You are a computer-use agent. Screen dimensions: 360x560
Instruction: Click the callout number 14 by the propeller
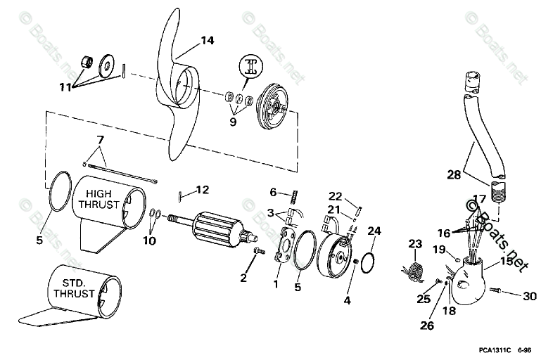pos(205,41)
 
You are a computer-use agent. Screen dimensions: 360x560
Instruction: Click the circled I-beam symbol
pos(251,69)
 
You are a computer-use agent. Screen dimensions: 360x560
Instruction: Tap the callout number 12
pos(203,190)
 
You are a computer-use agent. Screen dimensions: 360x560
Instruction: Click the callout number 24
pos(374,230)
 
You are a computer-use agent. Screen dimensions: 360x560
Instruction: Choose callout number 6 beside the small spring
pos(274,191)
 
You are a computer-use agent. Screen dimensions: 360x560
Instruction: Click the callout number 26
pos(428,326)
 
